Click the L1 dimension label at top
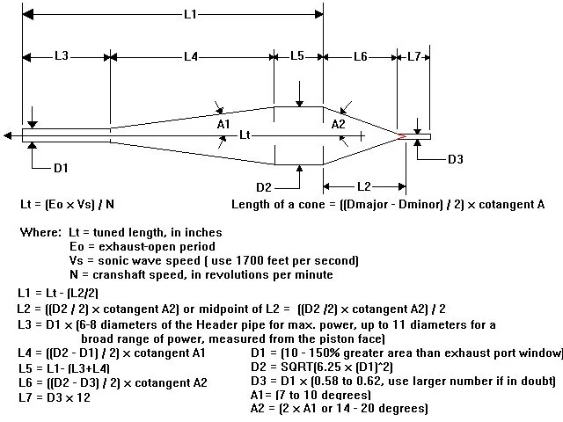190,15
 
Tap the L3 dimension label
62,56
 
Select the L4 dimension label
191,56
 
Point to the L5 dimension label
297,56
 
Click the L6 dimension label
361,56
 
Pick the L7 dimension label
413,56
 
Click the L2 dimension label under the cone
364,186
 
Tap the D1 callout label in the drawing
61,168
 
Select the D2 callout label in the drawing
264,187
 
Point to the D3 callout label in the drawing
456,159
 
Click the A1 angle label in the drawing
223,125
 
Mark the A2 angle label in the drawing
338,125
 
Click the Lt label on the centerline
245,135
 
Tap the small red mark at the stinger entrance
402,136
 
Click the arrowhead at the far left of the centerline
8,135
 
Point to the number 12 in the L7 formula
84,397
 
